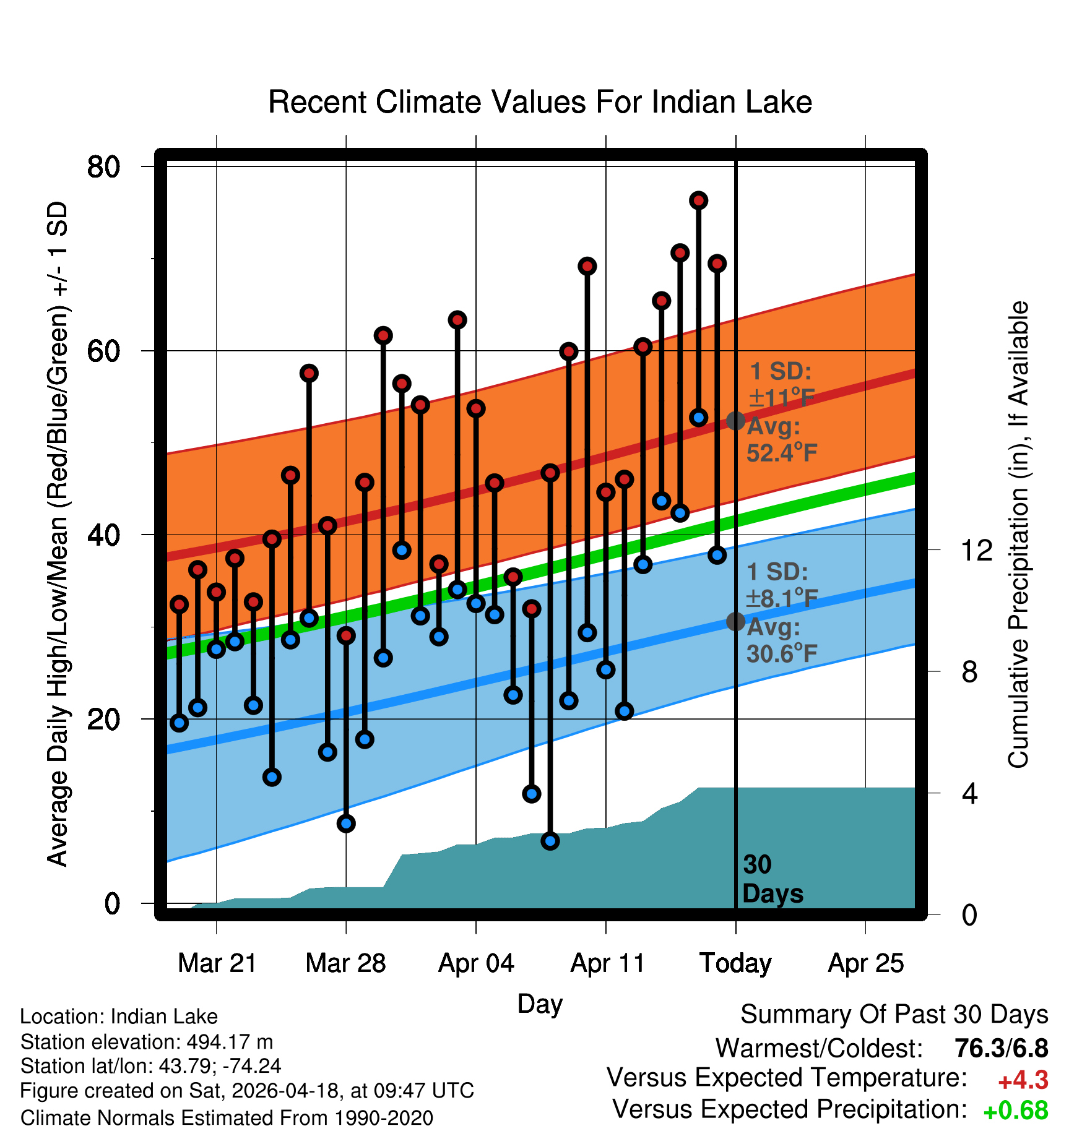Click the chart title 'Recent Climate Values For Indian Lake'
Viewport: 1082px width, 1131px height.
pyautogui.click(x=540, y=102)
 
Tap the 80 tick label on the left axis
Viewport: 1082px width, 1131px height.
pyautogui.click(x=104, y=166)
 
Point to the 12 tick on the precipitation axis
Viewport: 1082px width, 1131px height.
pyautogui.click(x=977, y=550)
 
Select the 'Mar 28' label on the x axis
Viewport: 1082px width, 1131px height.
pyautogui.click(x=345, y=963)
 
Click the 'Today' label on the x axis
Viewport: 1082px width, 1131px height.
pyautogui.click(x=735, y=963)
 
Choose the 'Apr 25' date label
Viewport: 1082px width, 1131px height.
pyautogui.click(x=866, y=963)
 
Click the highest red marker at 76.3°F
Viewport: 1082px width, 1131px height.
pyautogui.click(x=699, y=200)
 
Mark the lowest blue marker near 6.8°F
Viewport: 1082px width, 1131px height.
pyautogui.click(x=550, y=841)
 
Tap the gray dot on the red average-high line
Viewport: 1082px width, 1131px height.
pyautogui.click(x=735, y=421)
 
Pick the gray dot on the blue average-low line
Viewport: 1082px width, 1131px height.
pyautogui.click(x=735, y=621)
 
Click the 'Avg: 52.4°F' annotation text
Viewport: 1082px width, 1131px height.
pyautogui.click(x=782, y=440)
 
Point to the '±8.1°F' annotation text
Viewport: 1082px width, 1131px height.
pyautogui.click(x=782, y=598)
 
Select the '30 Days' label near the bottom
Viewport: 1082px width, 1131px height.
pyautogui.click(x=773, y=879)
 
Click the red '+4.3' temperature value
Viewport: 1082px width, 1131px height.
pyautogui.click(x=1023, y=1080)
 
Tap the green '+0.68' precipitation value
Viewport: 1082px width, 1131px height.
pyautogui.click(x=1016, y=1111)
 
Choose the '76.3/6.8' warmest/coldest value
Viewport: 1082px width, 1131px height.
pyautogui.click(x=1002, y=1048)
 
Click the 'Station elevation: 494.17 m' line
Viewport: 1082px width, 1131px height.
pyautogui.click(x=147, y=1043)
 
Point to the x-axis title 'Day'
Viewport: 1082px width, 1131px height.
pyautogui.click(x=540, y=1004)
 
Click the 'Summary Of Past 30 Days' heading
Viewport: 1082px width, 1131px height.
pyautogui.click(x=894, y=1015)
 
